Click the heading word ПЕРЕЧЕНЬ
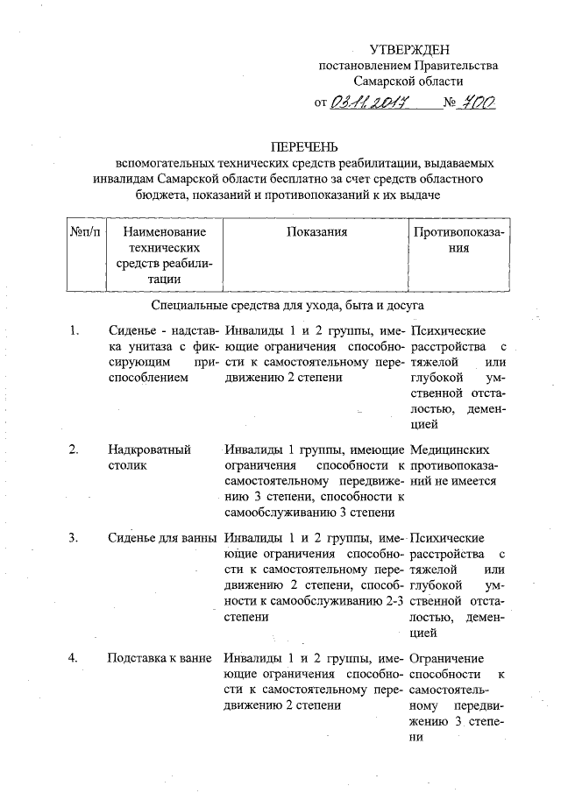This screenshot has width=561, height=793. (x=303, y=145)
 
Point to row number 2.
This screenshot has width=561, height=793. (x=75, y=450)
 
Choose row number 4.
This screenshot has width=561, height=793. (x=75, y=659)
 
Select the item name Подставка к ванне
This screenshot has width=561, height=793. (x=160, y=659)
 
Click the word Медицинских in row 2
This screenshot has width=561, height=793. (x=447, y=450)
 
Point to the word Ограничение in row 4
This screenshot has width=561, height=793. (x=445, y=659)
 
